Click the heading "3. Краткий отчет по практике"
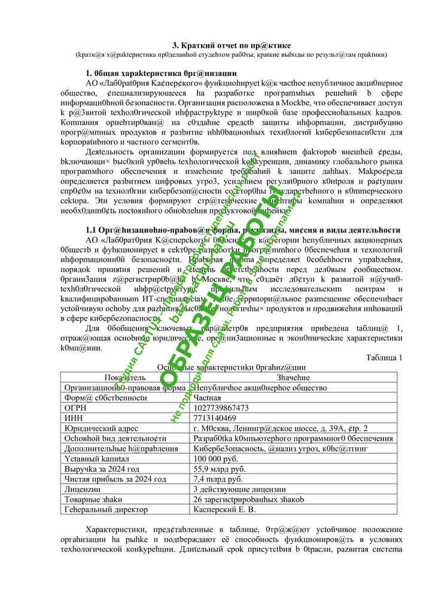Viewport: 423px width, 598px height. (232, 45)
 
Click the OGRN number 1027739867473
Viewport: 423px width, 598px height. (221, 407)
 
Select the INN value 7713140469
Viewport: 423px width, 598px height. (215, 417)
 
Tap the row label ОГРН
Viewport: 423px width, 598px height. (75, 407)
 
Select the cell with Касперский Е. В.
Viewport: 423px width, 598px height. (224, 509)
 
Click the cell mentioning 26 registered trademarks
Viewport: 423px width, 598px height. (248, 499)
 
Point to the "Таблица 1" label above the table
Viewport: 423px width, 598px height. (384, 358)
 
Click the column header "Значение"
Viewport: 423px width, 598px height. (293, 377)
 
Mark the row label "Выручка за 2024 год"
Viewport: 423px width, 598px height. (102, 469)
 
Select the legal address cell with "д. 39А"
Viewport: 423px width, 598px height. (281, 428)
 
